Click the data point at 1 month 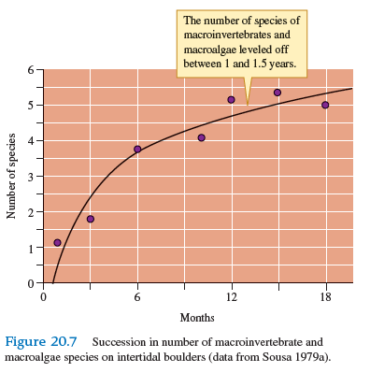pos(58,242)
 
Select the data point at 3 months pos(91,219)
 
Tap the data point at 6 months pos(137,150)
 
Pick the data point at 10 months pos(201,137)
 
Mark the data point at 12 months pos(231,99)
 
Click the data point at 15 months pos(277,93)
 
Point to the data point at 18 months pos(325,105)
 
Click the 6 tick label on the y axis pos(30,70)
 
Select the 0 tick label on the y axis pos(30,282)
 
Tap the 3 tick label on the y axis pos(30,177)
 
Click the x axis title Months pos(197,319)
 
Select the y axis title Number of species pos(12,176)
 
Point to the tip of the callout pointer pos(247,105)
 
